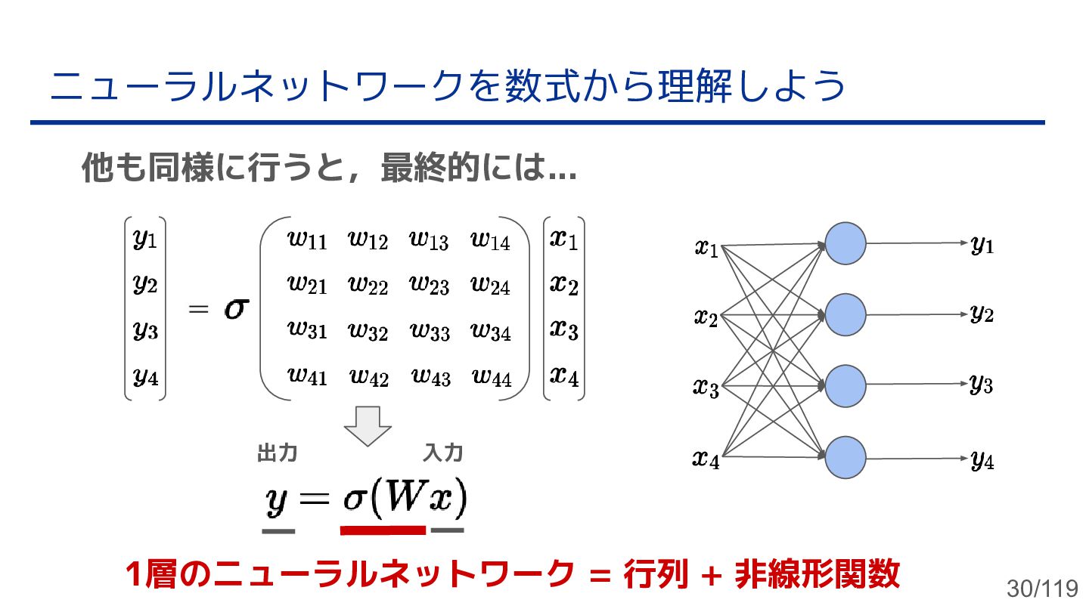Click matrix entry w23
[429, 284]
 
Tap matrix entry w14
[490, 240]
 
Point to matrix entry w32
[368, 330]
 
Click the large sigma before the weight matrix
[236, 308]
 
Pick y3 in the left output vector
[145, 330]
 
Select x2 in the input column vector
[564, 284]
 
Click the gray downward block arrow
[368, 425]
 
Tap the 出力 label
[277, 453]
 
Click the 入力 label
[443, 453]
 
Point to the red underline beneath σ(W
[383, 530]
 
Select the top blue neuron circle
[845, 243]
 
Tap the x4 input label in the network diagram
[706, 458]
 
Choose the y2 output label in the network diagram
[982, 314]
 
